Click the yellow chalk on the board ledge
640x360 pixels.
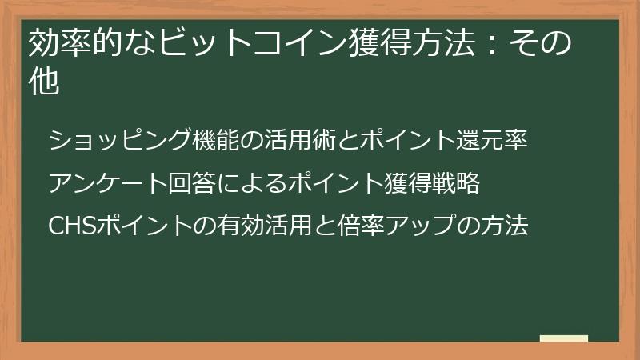(563, 338)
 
